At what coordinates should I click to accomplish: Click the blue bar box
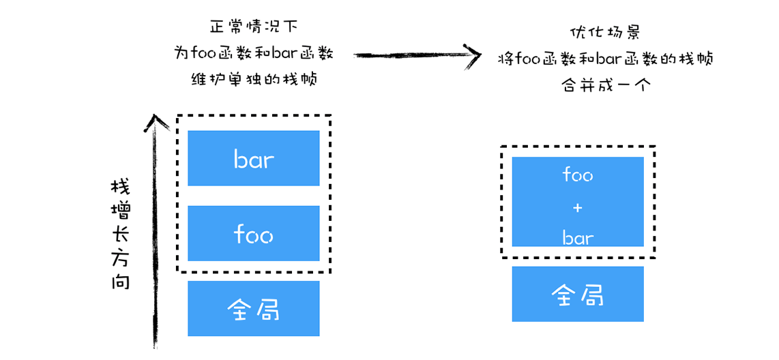(x=253, y=158)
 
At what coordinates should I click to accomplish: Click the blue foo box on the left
(x=253, y=234)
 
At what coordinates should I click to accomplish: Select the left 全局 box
(x=253, y=309)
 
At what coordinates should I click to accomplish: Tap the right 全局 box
(x=577, y=294)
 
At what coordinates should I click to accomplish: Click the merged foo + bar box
(x=577, y=202)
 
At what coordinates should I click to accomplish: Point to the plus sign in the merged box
(x=578, y=207)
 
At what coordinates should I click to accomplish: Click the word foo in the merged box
(x=578, y=175)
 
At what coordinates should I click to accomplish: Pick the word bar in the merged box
(x=578, y=238)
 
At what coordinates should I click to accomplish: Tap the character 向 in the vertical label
(x=120, y=281)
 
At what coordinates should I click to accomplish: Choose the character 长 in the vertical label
(x=120, y=235)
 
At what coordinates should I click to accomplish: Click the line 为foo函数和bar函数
(x=253, y=53)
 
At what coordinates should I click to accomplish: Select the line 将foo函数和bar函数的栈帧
(x=606, y=59)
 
